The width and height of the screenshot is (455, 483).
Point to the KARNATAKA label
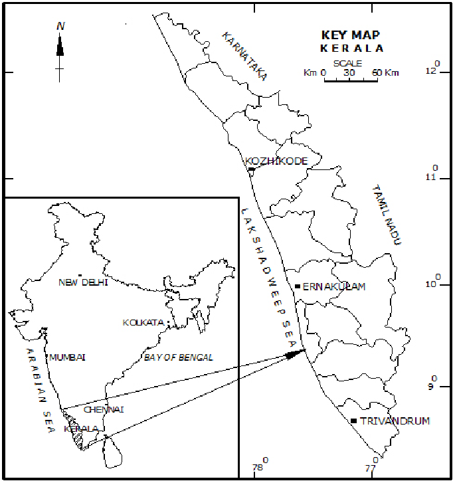pyautogui.click(x=244, y=56)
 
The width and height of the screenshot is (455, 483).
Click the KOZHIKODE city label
pyautogui.click(x=276, y=161)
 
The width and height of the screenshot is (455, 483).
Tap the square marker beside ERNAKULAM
pyautogui.click(x=297, y=286)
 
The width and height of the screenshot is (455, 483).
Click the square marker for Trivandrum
pyautogui.click(x=353, y=421)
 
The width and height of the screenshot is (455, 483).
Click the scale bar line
pyautogui.click(x=351, y=80)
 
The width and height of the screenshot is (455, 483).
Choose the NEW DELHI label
pyautogui.click(x=83, y=282)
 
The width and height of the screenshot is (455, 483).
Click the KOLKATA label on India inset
pyautogui.click(x=143, y=323)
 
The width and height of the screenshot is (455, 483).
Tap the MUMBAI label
pyautogui.click(x=68, y=357)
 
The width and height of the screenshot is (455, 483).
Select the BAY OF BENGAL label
pyautogui.click(x=179, y=357)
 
